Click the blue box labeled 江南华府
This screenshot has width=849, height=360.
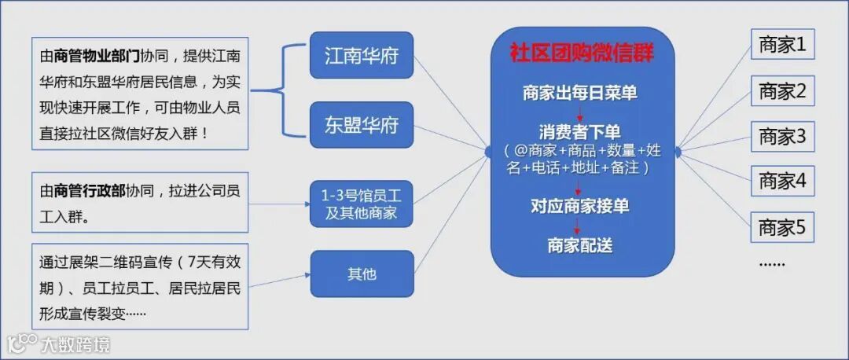pos(361,55)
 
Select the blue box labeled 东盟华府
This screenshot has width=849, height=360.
pos(361,125)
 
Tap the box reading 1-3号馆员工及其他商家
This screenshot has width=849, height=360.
pos(361,204)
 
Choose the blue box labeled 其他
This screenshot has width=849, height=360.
pos(361,274)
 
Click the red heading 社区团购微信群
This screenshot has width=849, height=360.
pos(582,53)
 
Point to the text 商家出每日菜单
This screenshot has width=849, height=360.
pos(580,93)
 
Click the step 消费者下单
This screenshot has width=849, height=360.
pos(580,130)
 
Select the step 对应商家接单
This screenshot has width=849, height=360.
pos(580,207)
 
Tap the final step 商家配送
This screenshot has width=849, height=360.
pos(580,245)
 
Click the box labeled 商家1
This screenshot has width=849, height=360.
pos(782,46)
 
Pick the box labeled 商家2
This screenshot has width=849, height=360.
pos(782,91)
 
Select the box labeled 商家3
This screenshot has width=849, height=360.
pos(782,137)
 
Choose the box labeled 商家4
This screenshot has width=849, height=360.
pos(782,182)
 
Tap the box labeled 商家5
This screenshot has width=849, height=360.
pos(782,228)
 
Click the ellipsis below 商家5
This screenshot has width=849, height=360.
pos(772,263)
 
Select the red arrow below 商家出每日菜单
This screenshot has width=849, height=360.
pos(580,112)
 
